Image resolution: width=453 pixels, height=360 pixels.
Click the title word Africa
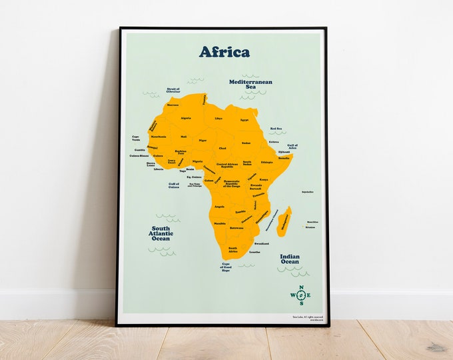coord(224,52)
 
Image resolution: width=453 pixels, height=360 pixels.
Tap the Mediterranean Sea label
coord(250,84)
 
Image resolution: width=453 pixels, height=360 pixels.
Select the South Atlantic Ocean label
coord(162,233)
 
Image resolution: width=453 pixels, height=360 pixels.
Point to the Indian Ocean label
coord(289,259)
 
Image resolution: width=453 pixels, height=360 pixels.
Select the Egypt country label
coord(244,120)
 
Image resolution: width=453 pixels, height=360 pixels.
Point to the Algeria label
coord(186,118)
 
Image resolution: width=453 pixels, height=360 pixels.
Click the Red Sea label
coord(276,129)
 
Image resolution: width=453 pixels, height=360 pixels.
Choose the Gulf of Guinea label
coord(174,185)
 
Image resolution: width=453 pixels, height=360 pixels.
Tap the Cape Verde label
coord(136,139)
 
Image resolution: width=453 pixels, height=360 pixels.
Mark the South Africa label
coord(233,249)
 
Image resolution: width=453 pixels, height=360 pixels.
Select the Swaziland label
coord(261,244)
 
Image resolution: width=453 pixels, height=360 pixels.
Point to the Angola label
coord(219,207)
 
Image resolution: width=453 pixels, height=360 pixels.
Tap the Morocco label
coord(173,105)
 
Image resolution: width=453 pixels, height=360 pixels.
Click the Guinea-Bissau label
coord(139,156)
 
